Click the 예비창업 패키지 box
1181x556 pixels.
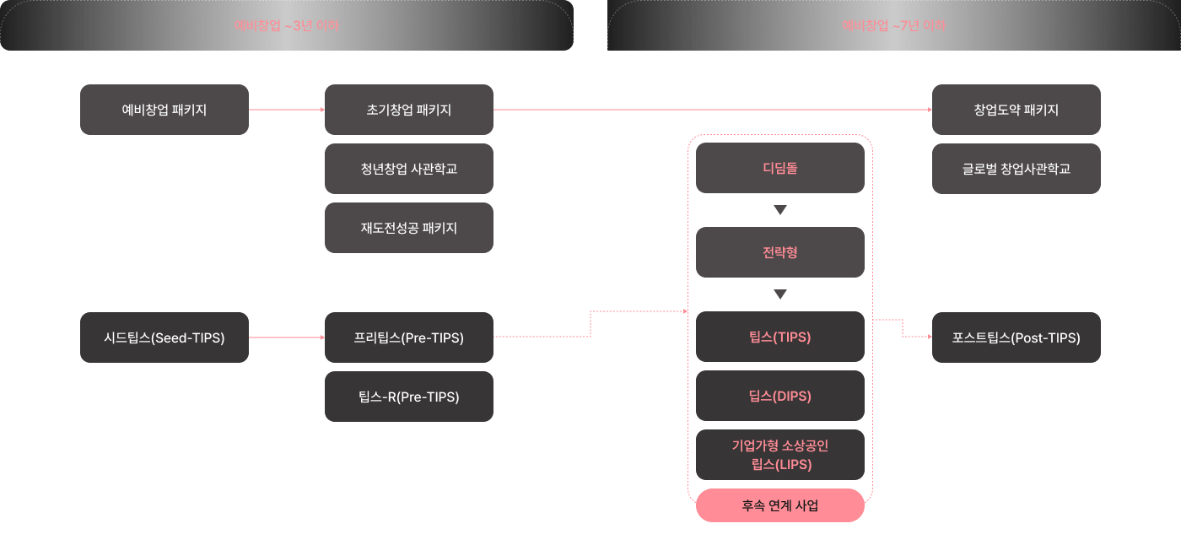(164, 110)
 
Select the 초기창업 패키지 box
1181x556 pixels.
(409, 110)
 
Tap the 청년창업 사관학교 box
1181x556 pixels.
(409, 169)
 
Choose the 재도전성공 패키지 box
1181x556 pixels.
(409, 228)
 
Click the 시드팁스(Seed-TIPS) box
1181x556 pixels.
(164, 337)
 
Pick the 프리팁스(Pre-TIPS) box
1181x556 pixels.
(409, 337)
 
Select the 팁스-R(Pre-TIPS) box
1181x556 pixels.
(409, 397)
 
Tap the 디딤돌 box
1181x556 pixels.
(780, 168)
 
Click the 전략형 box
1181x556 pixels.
(780, 252)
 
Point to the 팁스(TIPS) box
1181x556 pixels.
(780, 337)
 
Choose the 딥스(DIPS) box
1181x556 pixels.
(780, 396)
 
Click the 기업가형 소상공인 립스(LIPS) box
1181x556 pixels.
(780, 455)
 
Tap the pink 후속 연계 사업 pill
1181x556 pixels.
(780, 506)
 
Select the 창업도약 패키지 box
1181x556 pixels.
(1017, 110)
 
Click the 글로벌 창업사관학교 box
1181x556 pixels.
(1017, 169)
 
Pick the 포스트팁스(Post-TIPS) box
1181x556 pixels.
(1017, 337)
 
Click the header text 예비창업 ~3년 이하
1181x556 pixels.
(287, 25)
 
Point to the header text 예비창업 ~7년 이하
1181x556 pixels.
(894, 25)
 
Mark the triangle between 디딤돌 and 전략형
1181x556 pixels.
(780, 210)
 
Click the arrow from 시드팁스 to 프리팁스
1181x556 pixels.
(287, 337)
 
